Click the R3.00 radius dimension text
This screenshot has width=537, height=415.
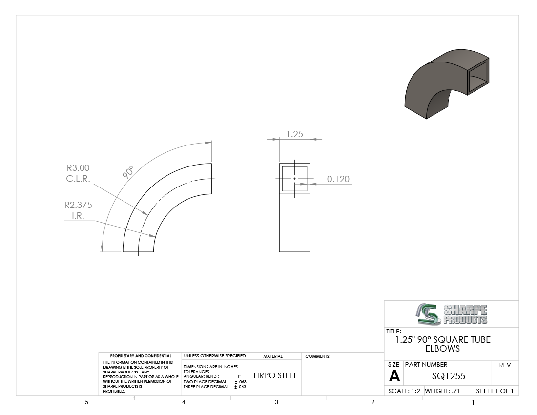[78, 168]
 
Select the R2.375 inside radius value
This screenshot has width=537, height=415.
[78, 205]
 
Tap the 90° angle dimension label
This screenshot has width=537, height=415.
[128, 172]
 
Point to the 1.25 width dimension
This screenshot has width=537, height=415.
[294, 134]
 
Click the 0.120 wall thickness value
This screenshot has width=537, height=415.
[338, 179]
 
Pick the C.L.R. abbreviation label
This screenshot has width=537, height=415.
[78, 178]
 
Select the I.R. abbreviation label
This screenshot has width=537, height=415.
[78, 216]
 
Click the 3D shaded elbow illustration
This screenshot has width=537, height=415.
[447, 84]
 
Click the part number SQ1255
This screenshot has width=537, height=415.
[449, 376]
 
